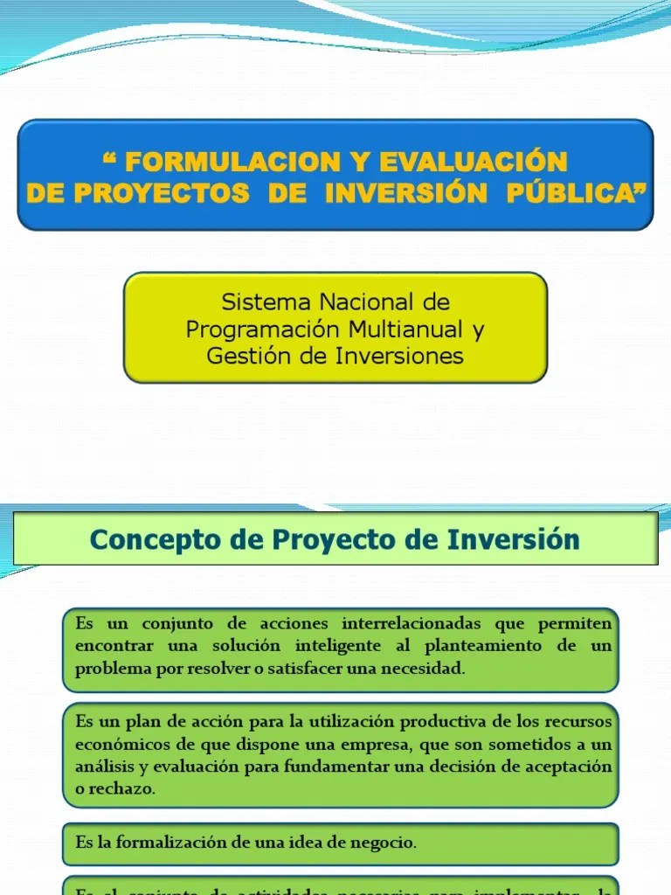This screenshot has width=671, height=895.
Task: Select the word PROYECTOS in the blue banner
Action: [x=161, y=194]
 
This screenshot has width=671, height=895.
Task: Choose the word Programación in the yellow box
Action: [x=261, y=330]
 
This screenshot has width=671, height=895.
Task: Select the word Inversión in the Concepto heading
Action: [x=514, y=539]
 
